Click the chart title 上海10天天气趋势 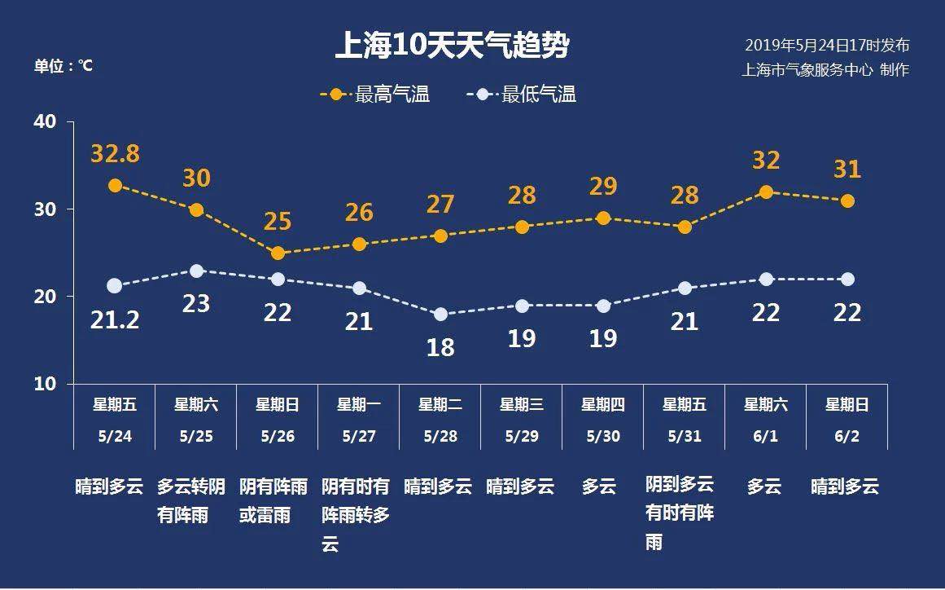(452, 46)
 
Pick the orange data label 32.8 (115, 153)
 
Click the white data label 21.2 (115, 320)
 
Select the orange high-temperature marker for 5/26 (278, 253)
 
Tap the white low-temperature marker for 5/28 (440, 315)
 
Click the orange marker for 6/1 (766, 192)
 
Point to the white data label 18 (440, 347)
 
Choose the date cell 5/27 (359, 436)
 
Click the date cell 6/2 (847, 436)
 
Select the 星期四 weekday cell (603, 404)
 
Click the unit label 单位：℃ (63, 66)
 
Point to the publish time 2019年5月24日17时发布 (827, 45)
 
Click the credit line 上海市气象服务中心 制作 (825, 69)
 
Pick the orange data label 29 (603, 186)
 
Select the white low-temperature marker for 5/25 (196, 271)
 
